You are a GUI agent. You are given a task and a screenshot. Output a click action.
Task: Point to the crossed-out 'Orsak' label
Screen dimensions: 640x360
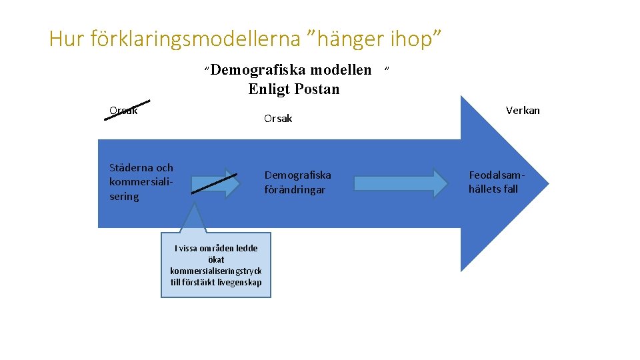tap(123, 111)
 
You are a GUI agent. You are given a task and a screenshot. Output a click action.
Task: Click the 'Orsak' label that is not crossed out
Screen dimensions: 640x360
tap(278, 119)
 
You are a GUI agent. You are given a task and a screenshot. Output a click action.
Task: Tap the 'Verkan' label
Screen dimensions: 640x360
tap(523, 111)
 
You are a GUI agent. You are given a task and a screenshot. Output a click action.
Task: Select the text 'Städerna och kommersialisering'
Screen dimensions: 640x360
tap(141, 182)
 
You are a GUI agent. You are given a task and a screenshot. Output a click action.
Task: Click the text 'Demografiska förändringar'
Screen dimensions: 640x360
tap(297, 183)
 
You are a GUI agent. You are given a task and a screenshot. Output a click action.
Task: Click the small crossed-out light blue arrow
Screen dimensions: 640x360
tap(214, 183)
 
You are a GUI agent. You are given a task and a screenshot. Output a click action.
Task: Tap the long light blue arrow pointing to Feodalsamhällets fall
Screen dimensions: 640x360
tap(401, 183)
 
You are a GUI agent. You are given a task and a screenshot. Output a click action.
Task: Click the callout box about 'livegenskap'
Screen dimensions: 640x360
tap(216, 265)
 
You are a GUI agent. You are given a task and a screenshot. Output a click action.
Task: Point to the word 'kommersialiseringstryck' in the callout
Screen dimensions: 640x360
tap(216, 271)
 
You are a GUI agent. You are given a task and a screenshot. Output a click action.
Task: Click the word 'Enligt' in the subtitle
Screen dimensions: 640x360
tap(269, 89)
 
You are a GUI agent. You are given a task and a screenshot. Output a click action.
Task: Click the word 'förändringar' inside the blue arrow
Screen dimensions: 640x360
tap(295, 190)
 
